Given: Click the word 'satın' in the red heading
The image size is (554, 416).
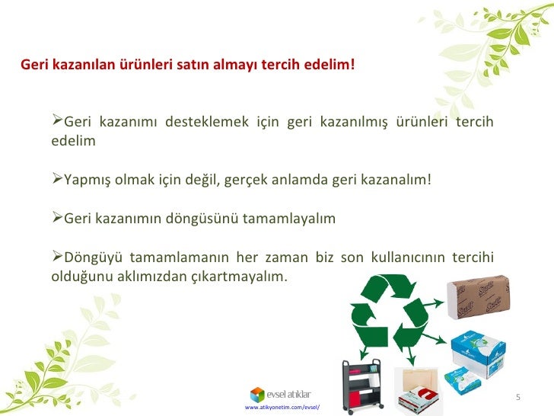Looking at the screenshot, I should (193, 65).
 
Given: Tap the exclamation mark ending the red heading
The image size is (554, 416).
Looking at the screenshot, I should (352, 65).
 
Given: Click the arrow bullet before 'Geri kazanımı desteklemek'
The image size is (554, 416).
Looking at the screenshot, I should (57, 122).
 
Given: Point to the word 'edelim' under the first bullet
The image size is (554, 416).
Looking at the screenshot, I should (73, 142).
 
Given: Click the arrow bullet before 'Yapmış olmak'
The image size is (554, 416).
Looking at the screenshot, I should (57, 180).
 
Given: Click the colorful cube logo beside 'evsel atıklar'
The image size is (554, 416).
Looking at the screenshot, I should (258, 394).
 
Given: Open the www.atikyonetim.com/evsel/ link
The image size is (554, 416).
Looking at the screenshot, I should (282, 408).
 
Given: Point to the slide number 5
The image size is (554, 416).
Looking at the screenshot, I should (517, 398).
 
